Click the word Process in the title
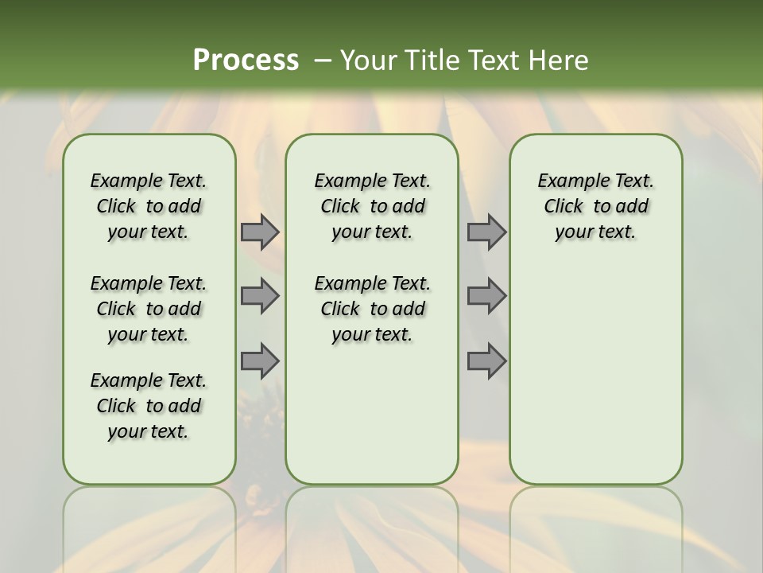pyautogui.click(x=246, y=60)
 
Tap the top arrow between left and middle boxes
pyautogui.click(x=260, y=232)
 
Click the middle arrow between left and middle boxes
pyautogui.click(x=260, y=296)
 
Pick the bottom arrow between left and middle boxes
pyautogui.click(x=260, y=361)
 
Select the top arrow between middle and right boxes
pyautogui.click(x=486, y=232)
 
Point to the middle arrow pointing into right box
pyautogui.click(x=486, y=296)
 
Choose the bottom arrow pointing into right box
pyautogui.click(x=486, y=361)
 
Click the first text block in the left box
pyautogui.click(x=149, y=206)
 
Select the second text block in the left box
pyautogui.click(x=149, y=309)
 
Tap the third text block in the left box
pyautogui.click(x=149, y=406)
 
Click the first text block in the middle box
pyautogui.click(x=372, y=206)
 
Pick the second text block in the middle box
pyautogui.click(x=372, y=309)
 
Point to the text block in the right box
pyautogui.click(x=595, y=206)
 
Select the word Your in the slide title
pyautogui.click(x=366, y=60)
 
